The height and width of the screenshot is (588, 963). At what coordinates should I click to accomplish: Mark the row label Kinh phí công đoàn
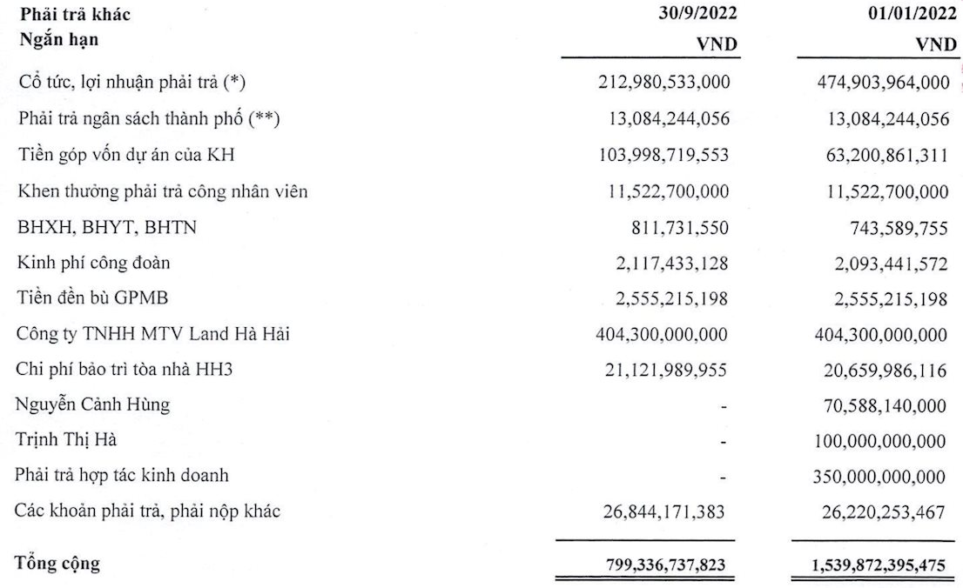click(88, 262)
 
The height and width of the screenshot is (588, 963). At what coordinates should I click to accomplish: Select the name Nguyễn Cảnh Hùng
click(93, 404)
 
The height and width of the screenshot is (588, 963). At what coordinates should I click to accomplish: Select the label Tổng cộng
click(57, 564)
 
